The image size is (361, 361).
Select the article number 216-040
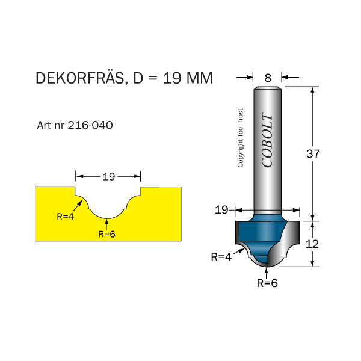pyautogui.click(x=90, y=126)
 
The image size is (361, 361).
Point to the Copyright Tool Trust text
pyautogui.click(x=241, y=138)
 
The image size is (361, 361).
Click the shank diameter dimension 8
pyautogui.click(x=268, y=77)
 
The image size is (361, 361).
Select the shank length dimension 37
pyautogui.click(x=313, y=153)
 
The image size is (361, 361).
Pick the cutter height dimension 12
pyautogui.click(x=313, y=244)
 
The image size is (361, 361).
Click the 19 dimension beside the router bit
pyautogui.click(x=221, y=209)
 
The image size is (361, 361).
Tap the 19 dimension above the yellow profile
pyautogui.click(x=108, y=177)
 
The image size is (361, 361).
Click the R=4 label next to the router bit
pyautogui.click(x=221, y=257)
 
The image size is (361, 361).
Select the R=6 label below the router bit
pyautogui.click(x=267, y=282)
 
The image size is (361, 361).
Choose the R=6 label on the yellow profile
pyautogui.click(x=106, y=235)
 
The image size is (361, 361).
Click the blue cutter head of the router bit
pyautogui.click(x=259, y=238)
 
